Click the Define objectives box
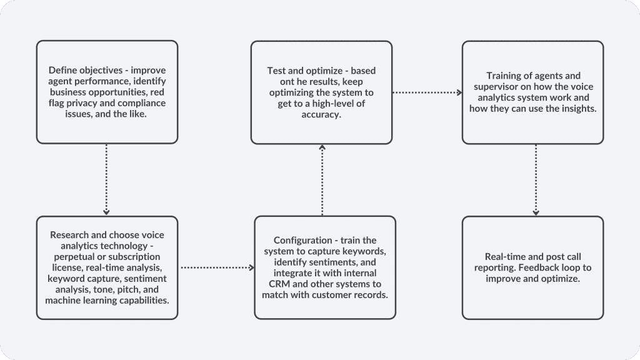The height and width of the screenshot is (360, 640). (107, 92)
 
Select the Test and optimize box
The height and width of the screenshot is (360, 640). (321, 92)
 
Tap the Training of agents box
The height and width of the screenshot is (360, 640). (532, 92)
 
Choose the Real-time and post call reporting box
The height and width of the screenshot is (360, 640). (532, 267)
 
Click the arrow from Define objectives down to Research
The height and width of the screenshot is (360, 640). (106, 179)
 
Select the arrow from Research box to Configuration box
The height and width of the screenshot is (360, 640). (217, 267)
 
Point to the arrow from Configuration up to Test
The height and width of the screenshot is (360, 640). (322, 180)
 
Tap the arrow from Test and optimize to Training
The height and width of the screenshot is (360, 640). (427, 92)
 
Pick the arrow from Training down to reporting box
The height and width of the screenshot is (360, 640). (536, 180)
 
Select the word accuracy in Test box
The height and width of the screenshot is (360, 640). (321, 115)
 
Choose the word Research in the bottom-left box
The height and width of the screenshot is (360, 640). (69, 235)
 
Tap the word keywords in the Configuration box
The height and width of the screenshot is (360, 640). (366, 251)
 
